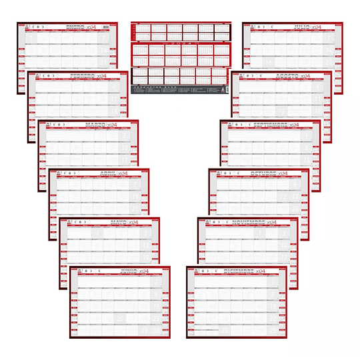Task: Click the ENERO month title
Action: (75, 27)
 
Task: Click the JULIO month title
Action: (303, 27)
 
